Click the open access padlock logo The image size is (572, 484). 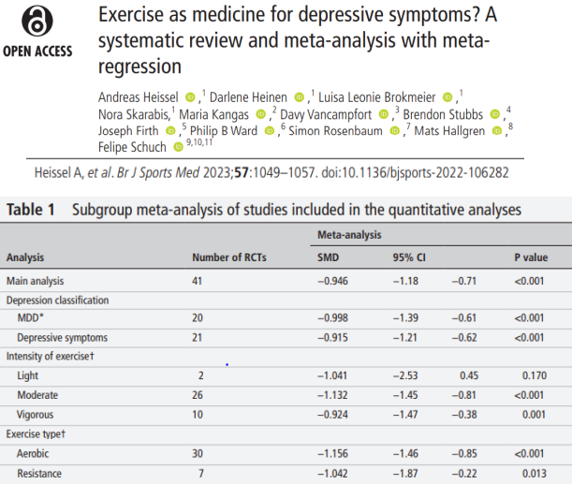37,21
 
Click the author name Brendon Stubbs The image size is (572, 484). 443,114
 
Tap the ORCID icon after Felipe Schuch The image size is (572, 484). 178,147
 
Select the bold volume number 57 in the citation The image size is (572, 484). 242,172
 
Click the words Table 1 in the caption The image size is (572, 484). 31,210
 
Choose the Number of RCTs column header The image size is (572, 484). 229,257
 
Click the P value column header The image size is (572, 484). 531,257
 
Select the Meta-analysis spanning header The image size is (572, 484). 349,235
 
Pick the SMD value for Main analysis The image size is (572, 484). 332,281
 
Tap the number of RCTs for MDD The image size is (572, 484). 198,317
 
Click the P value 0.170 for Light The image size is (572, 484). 535,375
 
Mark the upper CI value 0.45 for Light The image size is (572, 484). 469,375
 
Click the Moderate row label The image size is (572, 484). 37,395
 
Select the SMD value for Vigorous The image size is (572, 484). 332,415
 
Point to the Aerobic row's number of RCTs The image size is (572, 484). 198,454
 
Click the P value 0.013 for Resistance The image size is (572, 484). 535,474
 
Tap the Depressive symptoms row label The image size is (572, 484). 63,338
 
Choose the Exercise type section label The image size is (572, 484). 36,434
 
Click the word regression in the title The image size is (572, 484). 139,67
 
